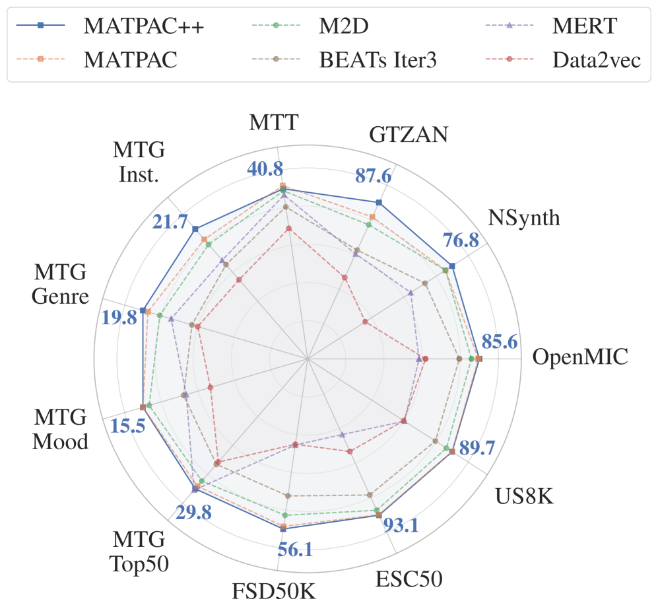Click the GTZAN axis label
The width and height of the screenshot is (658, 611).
pos(409,134)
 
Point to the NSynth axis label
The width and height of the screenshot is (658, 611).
pos(524,217)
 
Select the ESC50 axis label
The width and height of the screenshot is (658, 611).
pos(409,579)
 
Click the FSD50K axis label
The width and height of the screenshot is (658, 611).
pos(274,590)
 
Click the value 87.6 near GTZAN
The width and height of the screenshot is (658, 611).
pos(374,177)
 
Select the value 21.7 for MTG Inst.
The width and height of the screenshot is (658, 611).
pos(170,222)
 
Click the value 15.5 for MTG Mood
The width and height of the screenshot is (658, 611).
pos(128,426)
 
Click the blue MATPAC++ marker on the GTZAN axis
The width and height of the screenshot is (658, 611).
pos(379,202)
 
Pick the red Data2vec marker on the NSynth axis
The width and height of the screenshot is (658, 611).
pos(364,322)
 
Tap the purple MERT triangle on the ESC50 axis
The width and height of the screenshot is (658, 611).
pos(342,435)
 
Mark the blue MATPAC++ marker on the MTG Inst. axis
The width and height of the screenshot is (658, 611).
pos(195,229)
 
